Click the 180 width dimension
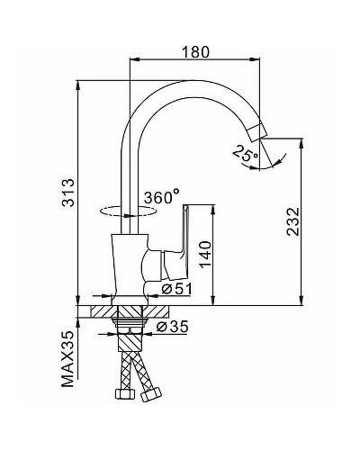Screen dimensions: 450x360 pyautogui.click(x=195, y=51)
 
